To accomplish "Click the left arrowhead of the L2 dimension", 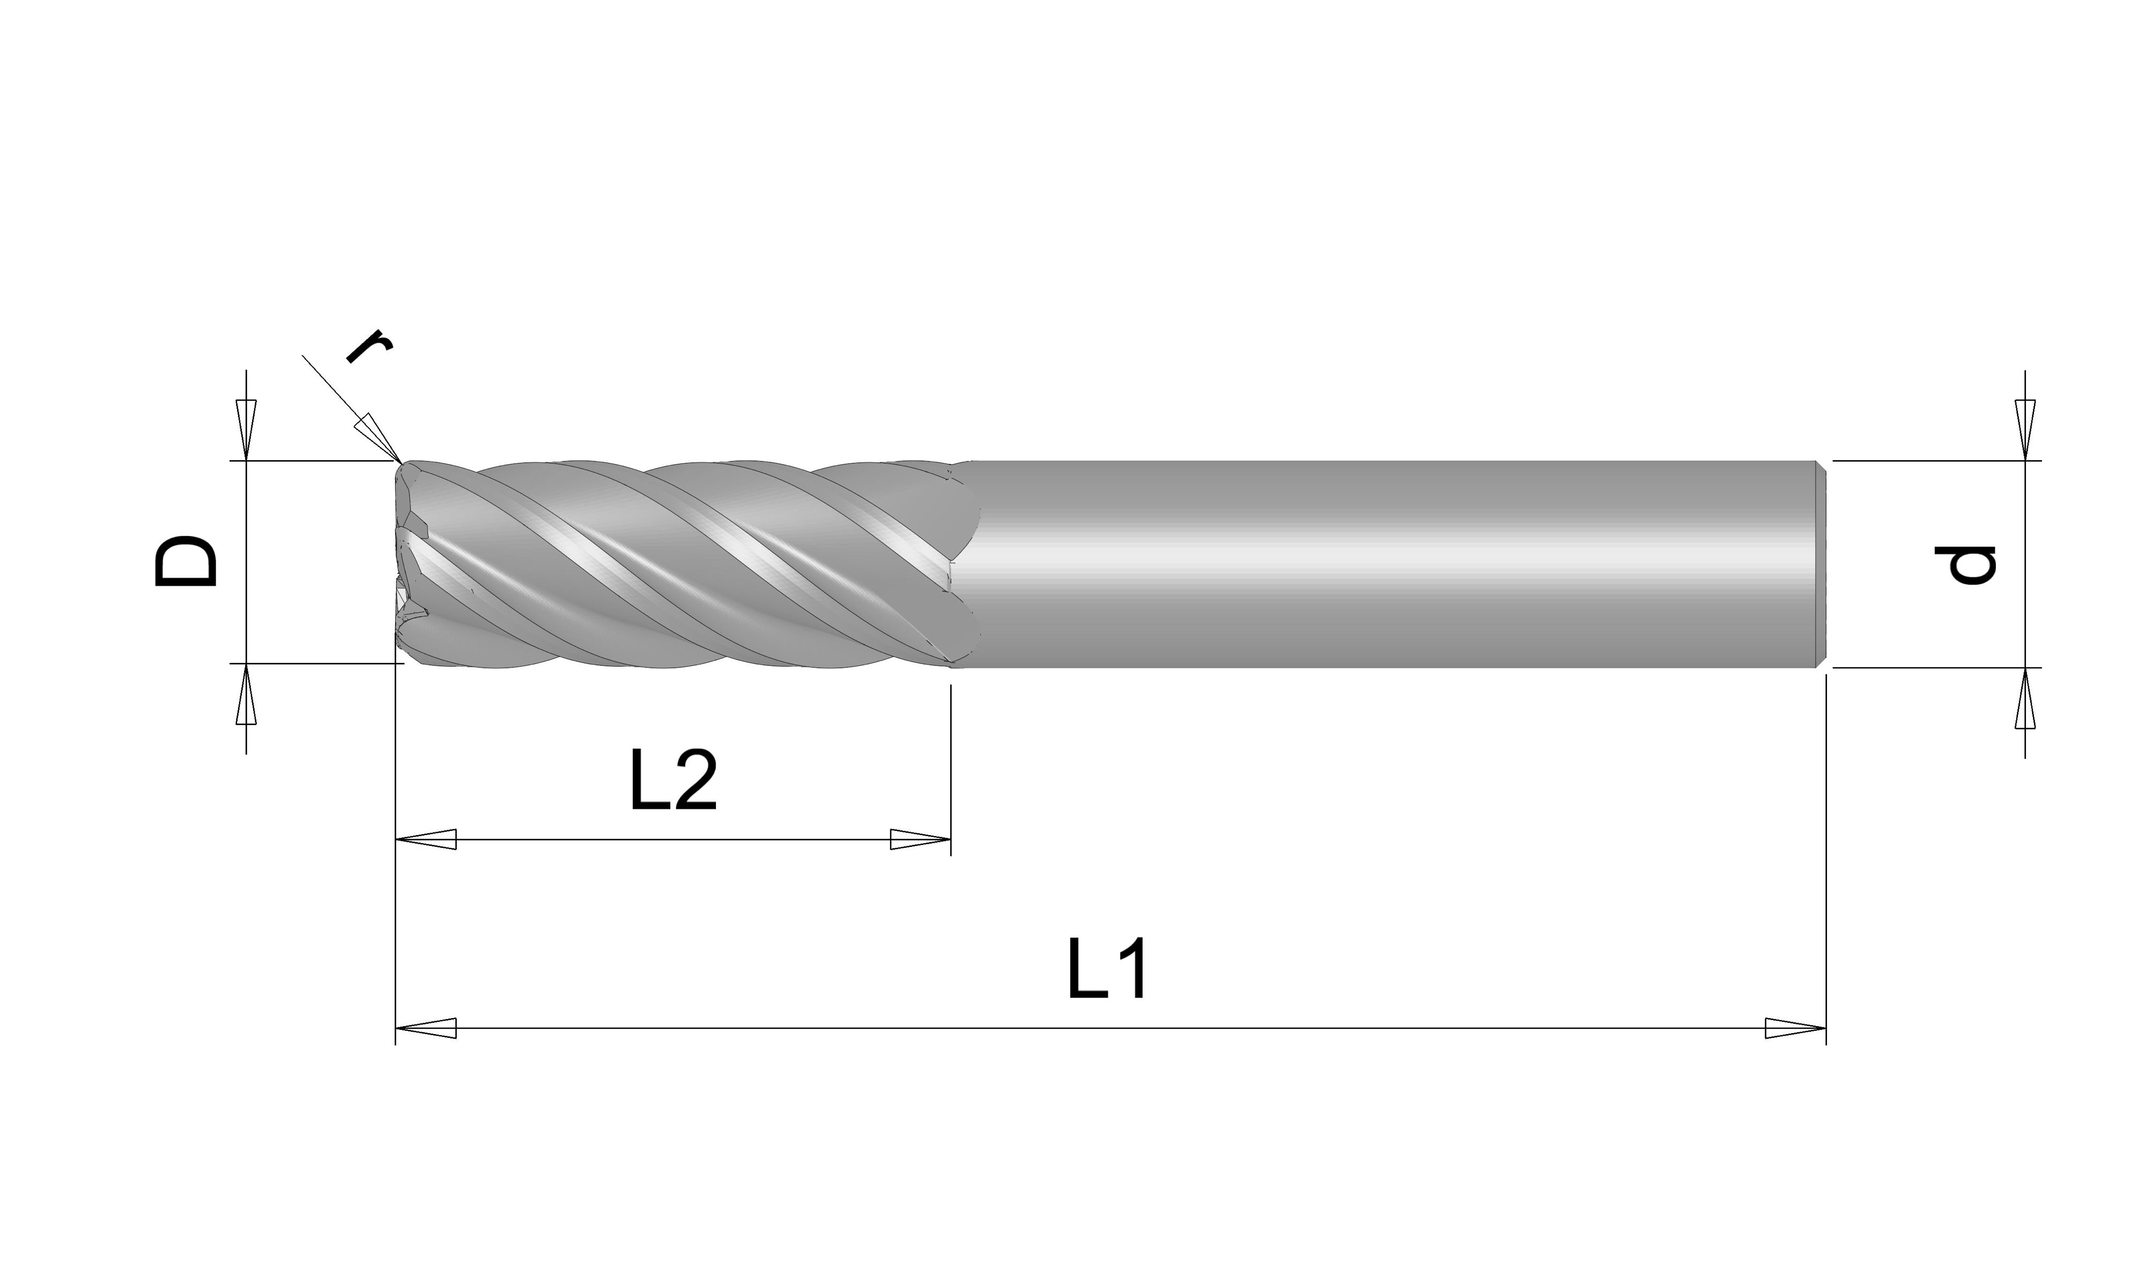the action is pos(426,839).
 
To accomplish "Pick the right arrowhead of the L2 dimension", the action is pos(920,839).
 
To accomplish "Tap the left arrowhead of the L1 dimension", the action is pos(426,1029).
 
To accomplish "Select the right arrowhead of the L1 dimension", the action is pos(1795,1029).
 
